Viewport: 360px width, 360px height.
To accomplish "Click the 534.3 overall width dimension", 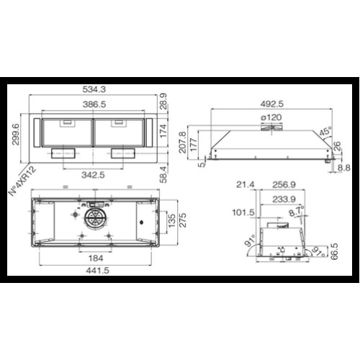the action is coord(94,89).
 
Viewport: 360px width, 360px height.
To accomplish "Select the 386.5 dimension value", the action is coord(94,104).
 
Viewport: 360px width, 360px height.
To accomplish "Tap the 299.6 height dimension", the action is coord(16,134).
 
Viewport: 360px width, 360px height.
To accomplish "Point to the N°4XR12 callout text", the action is coord(22,181).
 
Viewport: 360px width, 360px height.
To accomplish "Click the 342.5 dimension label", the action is coord(93,175).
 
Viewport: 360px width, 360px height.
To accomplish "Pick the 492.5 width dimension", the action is coord(272,104).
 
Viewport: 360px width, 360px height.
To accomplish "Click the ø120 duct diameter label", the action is coord(271,117).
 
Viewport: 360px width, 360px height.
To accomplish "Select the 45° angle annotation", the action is coord(326,132).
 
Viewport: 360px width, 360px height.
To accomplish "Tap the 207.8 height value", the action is coord(182,142).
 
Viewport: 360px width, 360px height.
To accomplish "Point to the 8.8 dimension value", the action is coord(344,168).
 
